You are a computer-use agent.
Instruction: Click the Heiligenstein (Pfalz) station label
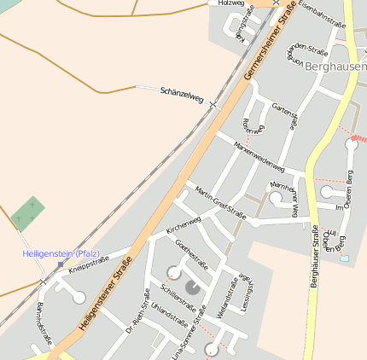pyautogui.click(x=61, y=254)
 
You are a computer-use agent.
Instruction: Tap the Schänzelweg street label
pyautogui.click(x=182, y=96)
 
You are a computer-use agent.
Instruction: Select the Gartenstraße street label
pyautogui.click(x=283, y=116)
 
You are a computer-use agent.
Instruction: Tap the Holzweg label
pyautogui.click(x=230, y=3)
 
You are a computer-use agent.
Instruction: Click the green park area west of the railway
pyautogui.click(x=28, y=213)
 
